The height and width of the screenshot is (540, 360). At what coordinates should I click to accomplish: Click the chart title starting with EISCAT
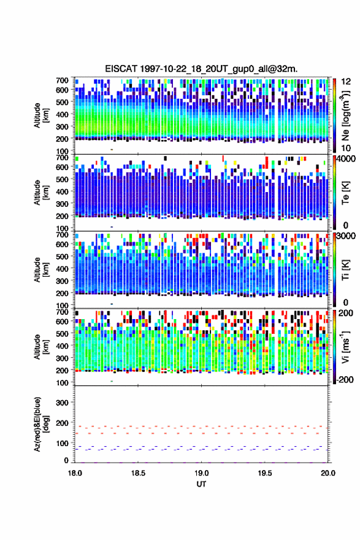tap(201, 69)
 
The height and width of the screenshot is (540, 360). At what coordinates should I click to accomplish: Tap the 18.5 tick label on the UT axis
tap(138, 473)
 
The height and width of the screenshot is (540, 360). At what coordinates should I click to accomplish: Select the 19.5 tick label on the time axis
tap(265, 473)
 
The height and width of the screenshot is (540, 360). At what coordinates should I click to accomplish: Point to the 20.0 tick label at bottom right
tap(328, 473)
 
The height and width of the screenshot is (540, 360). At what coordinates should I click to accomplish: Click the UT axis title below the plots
tap(201, 484)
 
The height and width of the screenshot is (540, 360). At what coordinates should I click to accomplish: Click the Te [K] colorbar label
tap(345, 193)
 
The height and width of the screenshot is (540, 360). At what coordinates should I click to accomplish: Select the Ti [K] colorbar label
tap(345, 270)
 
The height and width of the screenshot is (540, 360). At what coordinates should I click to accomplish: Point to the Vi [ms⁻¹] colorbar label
tap(345, 347)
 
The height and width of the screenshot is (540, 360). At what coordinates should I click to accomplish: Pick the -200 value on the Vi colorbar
tap(344, 379)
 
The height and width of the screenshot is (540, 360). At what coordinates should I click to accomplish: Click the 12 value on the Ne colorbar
tap(346, 82)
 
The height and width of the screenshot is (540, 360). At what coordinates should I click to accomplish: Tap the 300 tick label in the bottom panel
tap(62, 403)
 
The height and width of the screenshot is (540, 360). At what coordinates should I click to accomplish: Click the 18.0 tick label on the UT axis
tap(75, 473)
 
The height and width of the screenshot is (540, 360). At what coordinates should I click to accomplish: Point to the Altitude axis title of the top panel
tap(40, 115)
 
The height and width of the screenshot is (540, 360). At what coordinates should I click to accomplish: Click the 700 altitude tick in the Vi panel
tap(62, 312)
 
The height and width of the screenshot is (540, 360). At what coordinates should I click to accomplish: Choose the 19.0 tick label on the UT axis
tap(201, 473)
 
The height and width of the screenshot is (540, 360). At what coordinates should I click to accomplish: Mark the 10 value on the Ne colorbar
tap(346, 148)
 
